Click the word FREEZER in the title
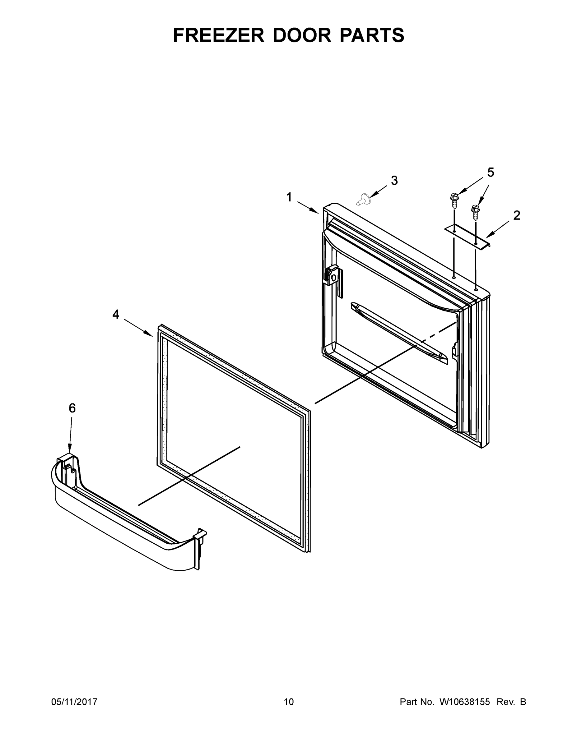[219, 35]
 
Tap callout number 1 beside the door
[289, 197]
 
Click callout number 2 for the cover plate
[516, 215]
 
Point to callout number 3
[394, 180]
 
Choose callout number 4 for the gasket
[116, 314]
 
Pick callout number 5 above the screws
[491, 173]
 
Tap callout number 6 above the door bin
[72, 408]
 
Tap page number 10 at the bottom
[289, 702]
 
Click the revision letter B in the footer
[523, 702]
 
